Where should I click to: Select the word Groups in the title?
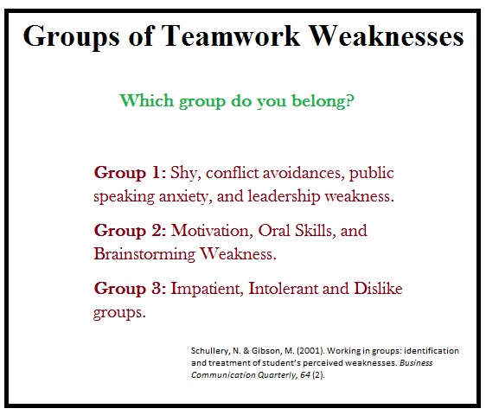[x=71, y=37]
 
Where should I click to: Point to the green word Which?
[x=147, y=100]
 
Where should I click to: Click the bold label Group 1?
[x=130, y=173]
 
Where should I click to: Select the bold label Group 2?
[x=130, y=231]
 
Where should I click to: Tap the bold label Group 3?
[x=130, y=289]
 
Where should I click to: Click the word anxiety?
[x=185, y=197]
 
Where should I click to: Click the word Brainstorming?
[x=144, y=254]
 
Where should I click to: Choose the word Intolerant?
[x=284, y=288]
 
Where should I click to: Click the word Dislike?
[x=378, y=288]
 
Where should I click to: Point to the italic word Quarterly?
[x=278, y=375]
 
